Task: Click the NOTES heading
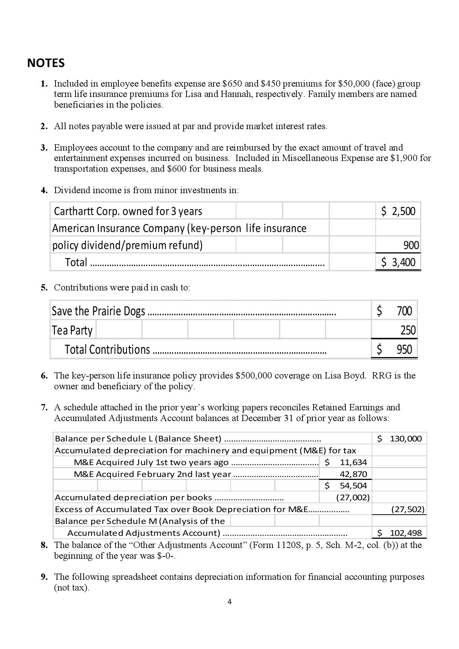pyautogui.click(x=46, y=63)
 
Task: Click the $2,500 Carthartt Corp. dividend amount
pyautogui.click(x=398, y=211)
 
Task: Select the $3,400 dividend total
pyautogui.click(x=398, y=262)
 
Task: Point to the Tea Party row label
pyautogui.click(x=72, y=330)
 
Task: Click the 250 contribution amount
pyautogui.click(x=408, y=330)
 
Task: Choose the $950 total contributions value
pyautogui.click(x=395, y=349)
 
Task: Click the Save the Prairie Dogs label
pyautogui.click(x=98, y=311)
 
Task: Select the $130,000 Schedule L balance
pyautogui.click(x=400, y=439)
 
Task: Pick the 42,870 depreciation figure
pyautogui.click(x=353, y=474)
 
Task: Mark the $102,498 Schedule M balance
pyautogui.click(x=400, y=533)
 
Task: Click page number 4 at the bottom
pyautogui.click(x=229, y=602)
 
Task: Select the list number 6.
pyautogui.click(x=44, y=376)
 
